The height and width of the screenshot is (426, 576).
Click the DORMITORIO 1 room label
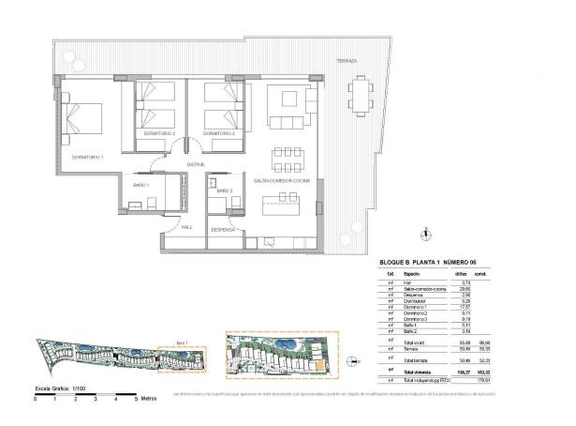point(87,157)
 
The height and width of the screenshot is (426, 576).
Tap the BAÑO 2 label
point(224,191)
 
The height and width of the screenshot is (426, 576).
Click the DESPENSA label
point(222,228)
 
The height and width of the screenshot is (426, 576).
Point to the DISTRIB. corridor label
point(195,164)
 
